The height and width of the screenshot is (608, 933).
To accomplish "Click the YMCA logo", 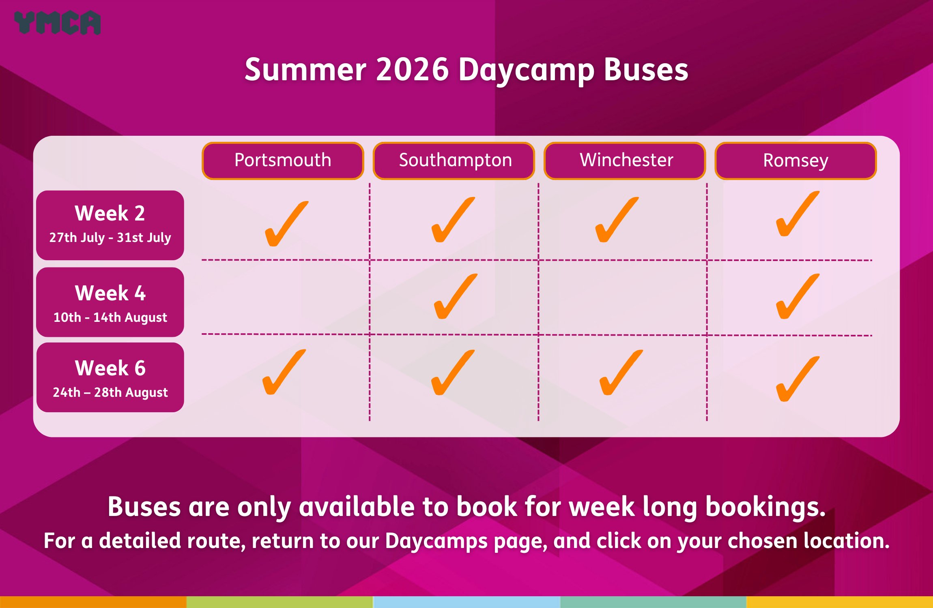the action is coord(57,23).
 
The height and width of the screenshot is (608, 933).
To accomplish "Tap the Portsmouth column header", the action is coord(283,161).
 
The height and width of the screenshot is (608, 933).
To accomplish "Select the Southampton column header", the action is coord(454,161).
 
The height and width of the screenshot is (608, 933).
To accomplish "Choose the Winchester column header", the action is coord(625,161).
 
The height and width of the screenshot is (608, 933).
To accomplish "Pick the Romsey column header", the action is coord(796,161).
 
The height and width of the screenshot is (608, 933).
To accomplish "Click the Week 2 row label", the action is coord(110,225).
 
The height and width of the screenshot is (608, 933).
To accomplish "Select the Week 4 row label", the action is coord(110,302).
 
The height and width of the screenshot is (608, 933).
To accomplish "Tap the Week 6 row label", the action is coord(110,377).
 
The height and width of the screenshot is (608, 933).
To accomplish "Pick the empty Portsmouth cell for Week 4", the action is coord(286,297).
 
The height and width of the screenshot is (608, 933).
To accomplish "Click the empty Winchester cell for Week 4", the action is coord(623,298).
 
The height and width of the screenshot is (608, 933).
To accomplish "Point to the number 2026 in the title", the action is coord(413,70).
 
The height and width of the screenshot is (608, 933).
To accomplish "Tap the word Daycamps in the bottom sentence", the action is coord(436,542).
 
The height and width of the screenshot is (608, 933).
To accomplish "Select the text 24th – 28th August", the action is coord(110,392).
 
